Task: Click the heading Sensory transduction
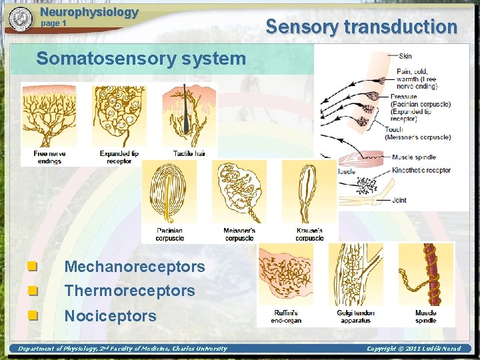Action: pos(361,27)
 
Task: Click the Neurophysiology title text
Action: pos(89,12)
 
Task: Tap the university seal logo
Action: pos(21,19)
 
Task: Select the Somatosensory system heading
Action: pos(141,59)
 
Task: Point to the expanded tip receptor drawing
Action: pos(119,115)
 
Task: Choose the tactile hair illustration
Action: pos(189,115)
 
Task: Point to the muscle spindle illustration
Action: pos(426,273)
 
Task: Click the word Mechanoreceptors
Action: pos(135,267)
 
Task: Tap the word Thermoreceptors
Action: pos(130,291)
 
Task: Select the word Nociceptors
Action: pos(110,315)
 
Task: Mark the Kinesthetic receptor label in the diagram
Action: pos(421,170)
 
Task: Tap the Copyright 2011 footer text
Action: pos(419,349)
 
